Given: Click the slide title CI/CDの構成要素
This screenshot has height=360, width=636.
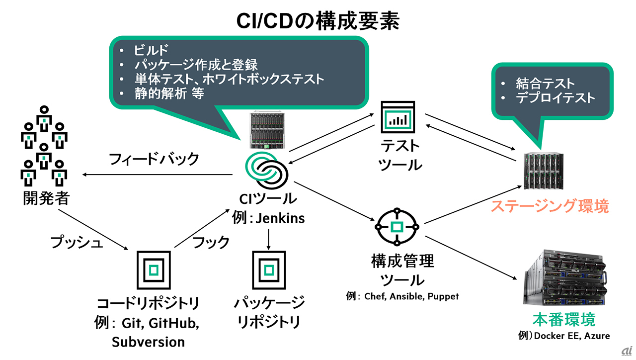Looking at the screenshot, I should (x=318, y=21).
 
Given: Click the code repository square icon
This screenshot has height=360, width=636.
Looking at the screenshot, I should (x=154, y=270).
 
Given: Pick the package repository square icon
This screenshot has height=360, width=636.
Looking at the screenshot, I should (x=269, y=270).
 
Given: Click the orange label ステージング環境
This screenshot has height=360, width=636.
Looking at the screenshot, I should (x=550, y=206).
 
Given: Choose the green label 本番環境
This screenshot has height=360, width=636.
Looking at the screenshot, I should (x=563, y=318).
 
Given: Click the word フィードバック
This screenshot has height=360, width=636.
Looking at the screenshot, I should (x=154, y=159).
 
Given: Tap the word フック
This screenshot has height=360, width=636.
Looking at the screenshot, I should (x=211, y=242).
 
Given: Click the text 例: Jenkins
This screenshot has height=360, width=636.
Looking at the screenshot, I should (x=268, y=218).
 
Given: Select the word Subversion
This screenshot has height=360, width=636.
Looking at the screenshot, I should (x=148, y=342).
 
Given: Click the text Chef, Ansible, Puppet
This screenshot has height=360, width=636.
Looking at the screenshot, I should (x=411, y=296).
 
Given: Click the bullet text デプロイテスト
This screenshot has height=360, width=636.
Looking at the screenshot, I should (x=555, y=97).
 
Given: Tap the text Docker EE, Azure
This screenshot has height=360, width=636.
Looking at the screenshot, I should (x=571, y=336).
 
